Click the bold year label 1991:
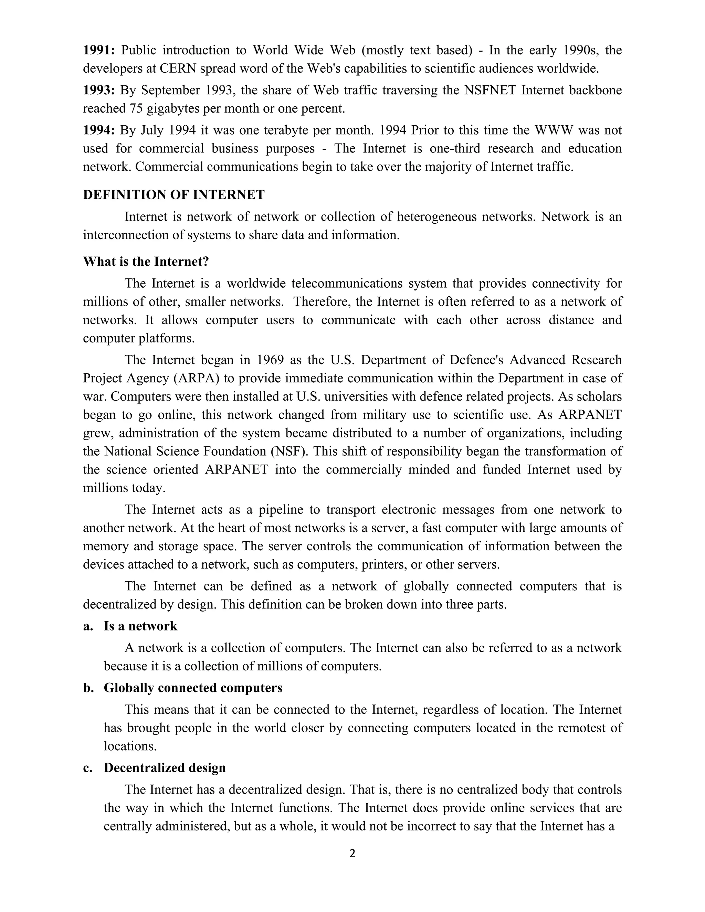98,51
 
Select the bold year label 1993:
98,91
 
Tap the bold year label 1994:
98,131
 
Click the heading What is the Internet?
146,262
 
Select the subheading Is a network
140,626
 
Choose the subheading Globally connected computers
193,688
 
